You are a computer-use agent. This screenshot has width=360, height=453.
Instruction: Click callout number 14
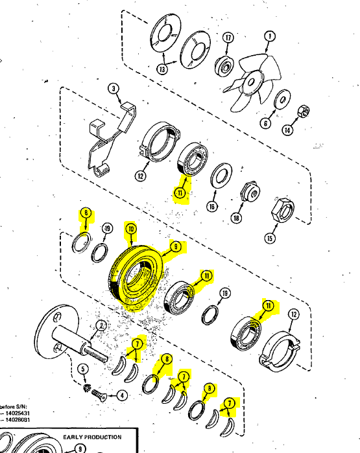pyautogui.click(x=287, y=130)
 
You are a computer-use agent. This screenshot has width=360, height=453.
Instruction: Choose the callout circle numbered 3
pyautogui.click(x=113, y=89)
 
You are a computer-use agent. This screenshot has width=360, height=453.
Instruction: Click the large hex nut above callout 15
pyautogui.click(x=282, y=207)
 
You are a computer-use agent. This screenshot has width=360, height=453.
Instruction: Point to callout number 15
pyautogui.click(x=270, y=238)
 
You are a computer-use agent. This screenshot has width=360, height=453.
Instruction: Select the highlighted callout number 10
pyautogui.click(x=130, y=229)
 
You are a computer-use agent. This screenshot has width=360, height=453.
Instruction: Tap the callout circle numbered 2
pyautogui.click(x=101, y=325)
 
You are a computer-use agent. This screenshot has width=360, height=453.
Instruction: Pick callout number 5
pyautogui.click(x=82, y=369)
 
